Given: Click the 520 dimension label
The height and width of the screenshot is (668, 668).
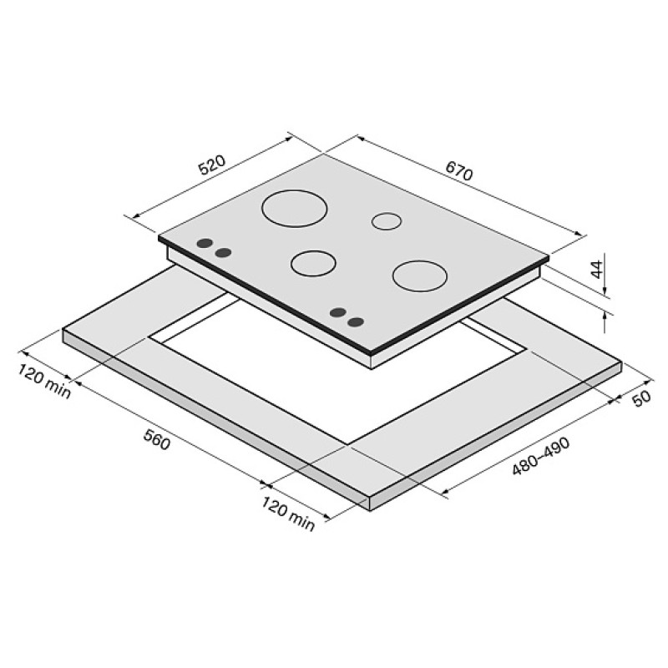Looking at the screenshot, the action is (x=212, y=165).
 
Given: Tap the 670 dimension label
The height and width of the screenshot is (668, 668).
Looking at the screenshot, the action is (x=459, y=170).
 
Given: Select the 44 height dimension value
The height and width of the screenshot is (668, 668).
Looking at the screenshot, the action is (x=598, y=269).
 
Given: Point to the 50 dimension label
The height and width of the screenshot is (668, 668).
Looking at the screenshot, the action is (x=641, y=398).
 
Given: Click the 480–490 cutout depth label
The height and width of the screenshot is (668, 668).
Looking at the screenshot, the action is (x=540, y=456).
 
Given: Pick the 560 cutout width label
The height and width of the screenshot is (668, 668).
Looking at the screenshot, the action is (x=157, y=439).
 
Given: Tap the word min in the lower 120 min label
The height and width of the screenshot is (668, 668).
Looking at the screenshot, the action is (x=301, y=520).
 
